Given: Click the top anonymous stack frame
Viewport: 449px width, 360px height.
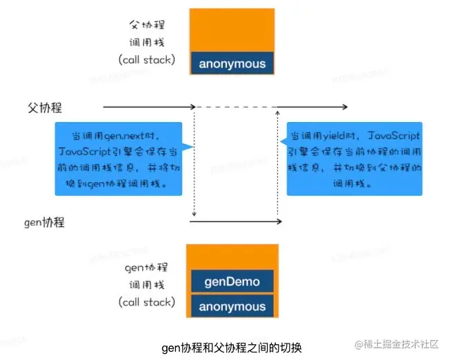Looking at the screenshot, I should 232,64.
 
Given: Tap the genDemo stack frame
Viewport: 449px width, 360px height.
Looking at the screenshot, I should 232,281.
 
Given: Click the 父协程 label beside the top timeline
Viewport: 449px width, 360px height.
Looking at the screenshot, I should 45,108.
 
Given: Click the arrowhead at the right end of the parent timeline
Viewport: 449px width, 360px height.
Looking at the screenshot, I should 344,107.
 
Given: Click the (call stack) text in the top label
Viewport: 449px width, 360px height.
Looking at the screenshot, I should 146,59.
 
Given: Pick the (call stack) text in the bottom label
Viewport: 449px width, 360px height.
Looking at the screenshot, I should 146,302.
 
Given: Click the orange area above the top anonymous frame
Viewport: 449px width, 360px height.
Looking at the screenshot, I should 232,28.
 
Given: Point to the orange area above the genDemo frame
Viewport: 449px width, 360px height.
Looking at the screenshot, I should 232,255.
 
